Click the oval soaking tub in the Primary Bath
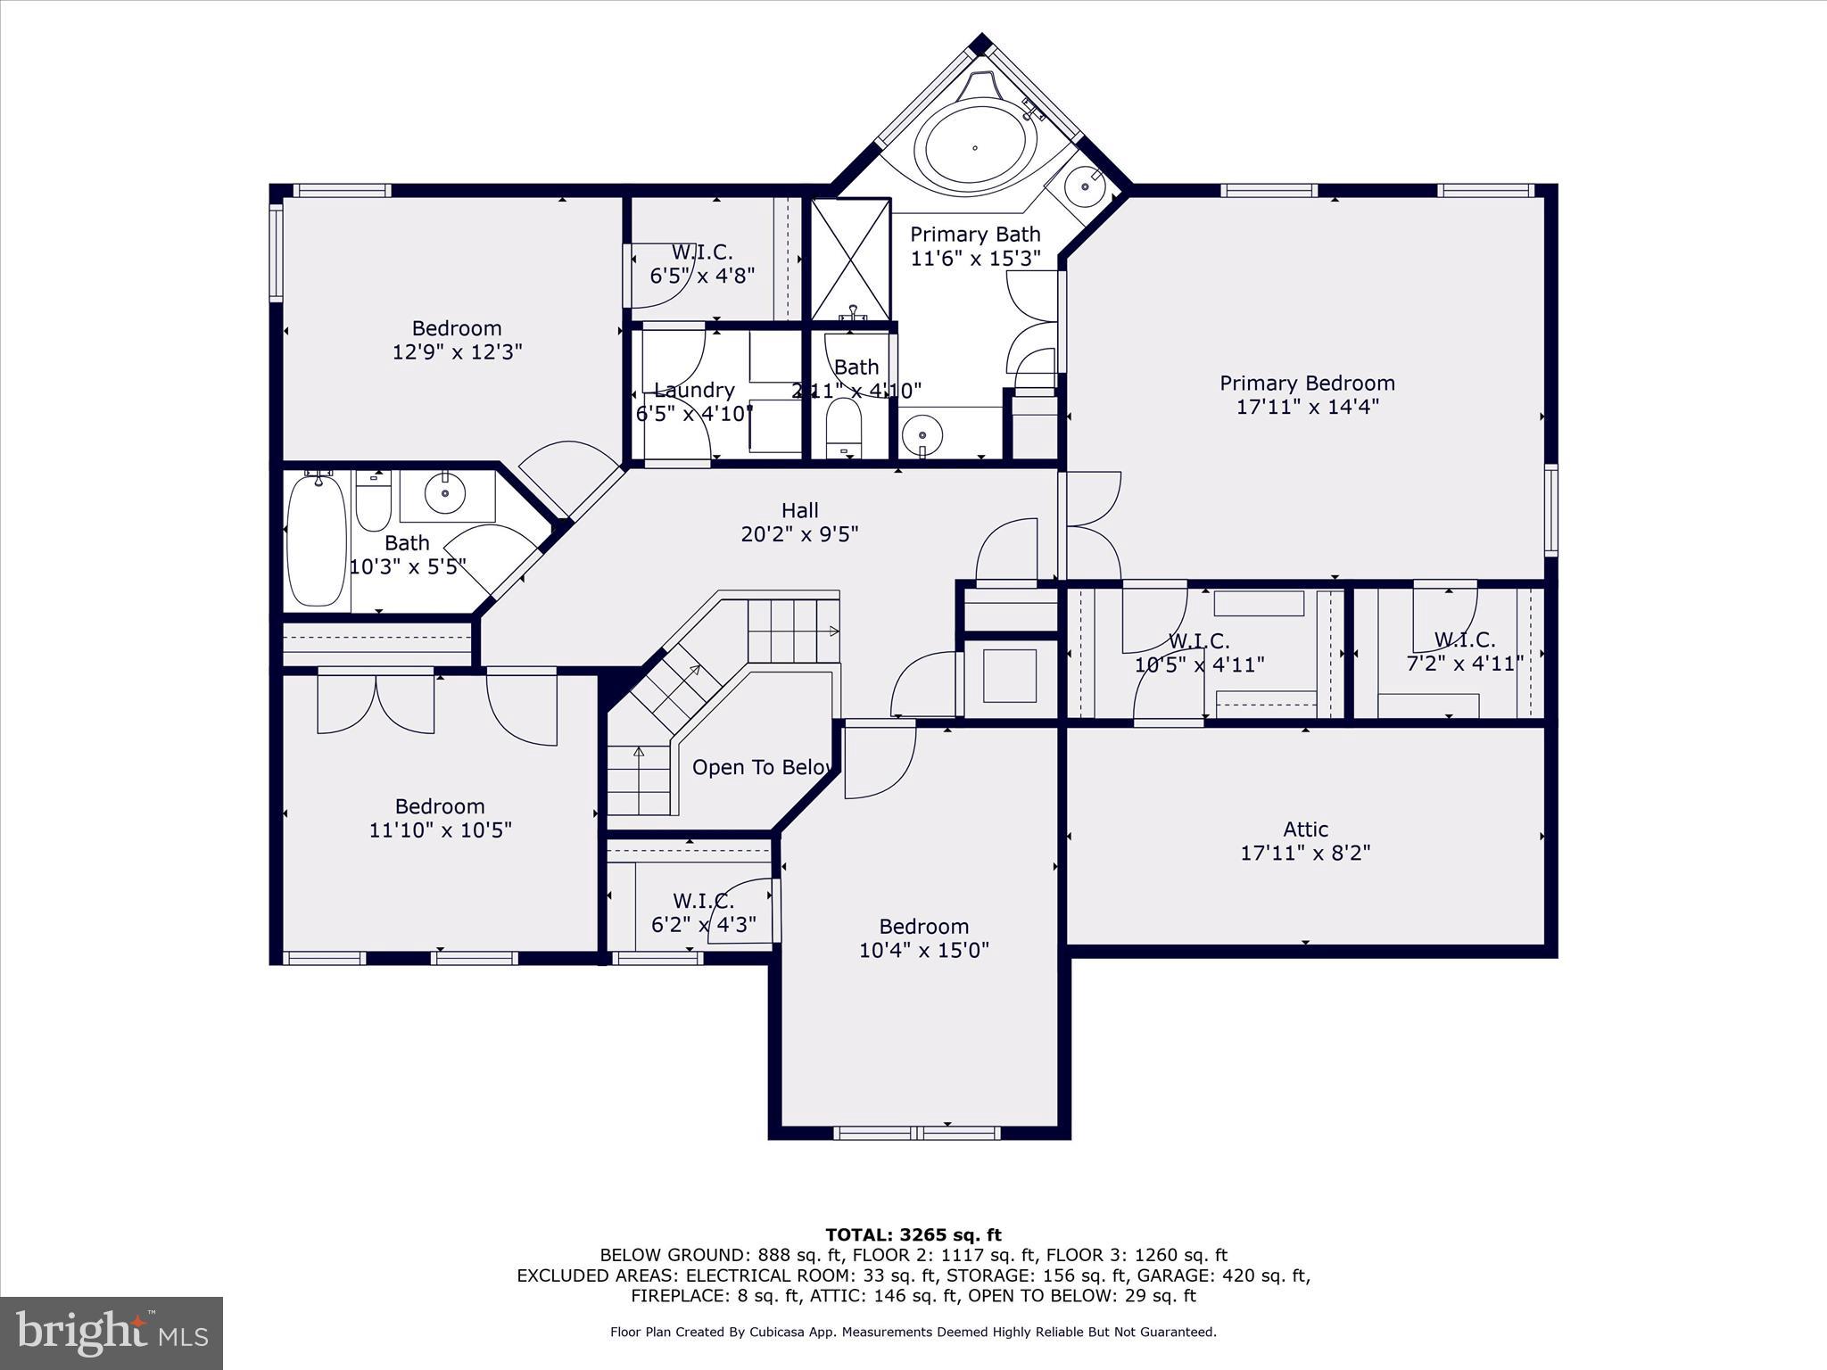pos(974,147)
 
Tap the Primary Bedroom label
pos(1307,384)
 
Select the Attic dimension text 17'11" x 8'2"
pos(1305,853)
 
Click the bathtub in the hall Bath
pos(316,541)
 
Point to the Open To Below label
pos(764,767)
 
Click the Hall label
pos(799,510)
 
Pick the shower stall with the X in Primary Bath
pos(851,259)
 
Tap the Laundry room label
pos(694,391)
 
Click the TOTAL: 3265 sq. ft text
pos(913,1235)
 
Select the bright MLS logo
pos(112,1333)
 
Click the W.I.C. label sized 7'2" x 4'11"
pos(1464,640)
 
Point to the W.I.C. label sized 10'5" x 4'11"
pos(1199,641)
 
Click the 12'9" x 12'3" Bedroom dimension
pos(457,352)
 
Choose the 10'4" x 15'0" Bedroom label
pos(923,927)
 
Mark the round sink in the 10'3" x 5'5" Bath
pos(443,491)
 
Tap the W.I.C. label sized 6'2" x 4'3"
pos(703,901)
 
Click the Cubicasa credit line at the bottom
pos(913,1333)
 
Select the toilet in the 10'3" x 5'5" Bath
pos(373,504)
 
